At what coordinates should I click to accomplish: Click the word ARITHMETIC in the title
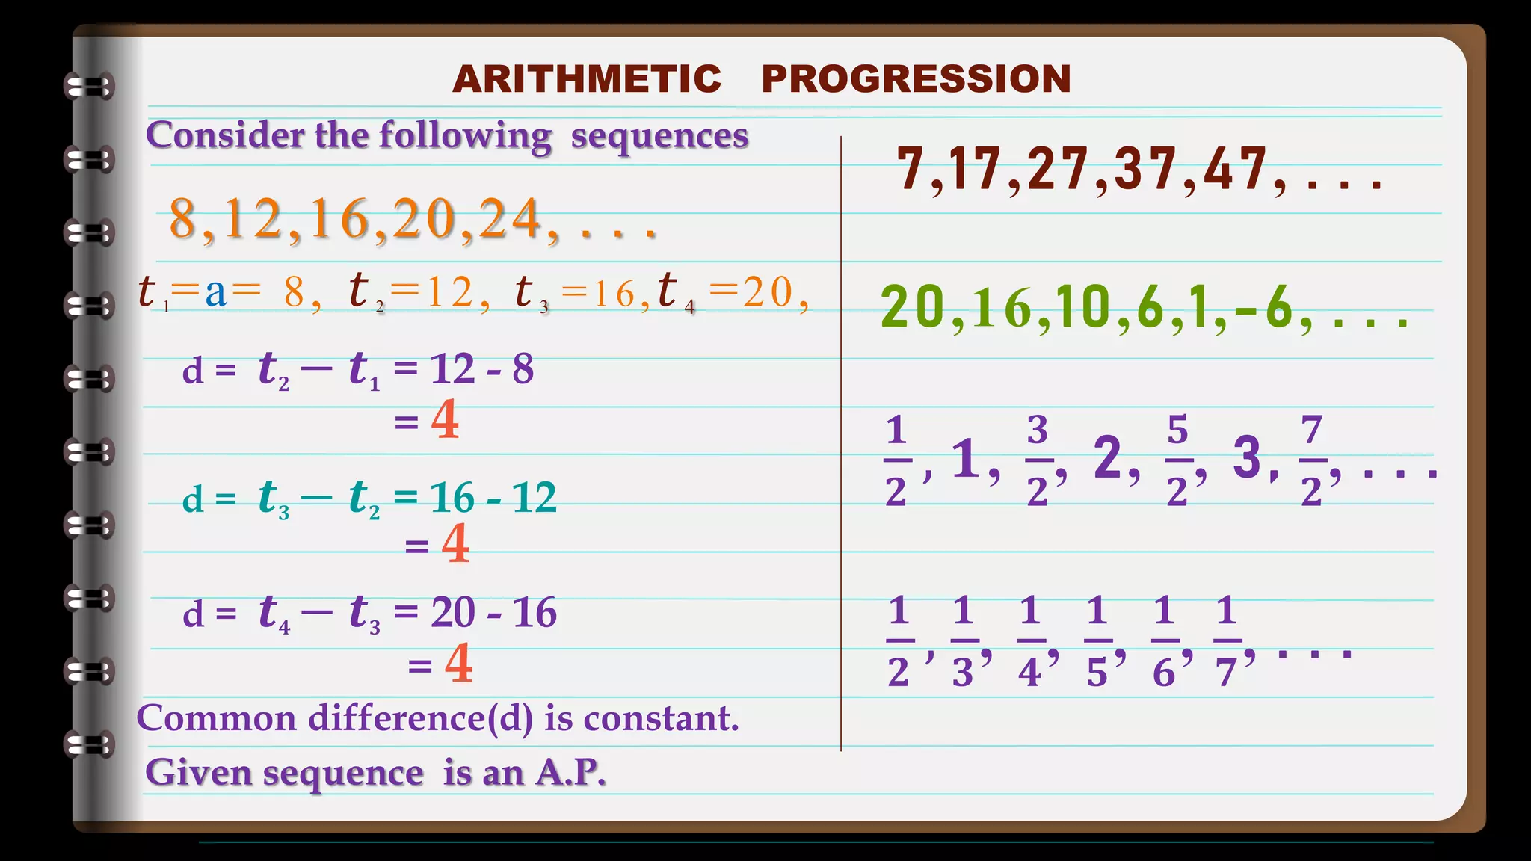point(587,79)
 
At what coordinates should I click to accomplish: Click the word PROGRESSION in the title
point(916,79)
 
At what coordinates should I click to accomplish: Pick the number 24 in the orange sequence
point(510,219)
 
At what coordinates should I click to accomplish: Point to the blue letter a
point(215,292)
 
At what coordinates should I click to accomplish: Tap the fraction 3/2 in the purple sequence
point(1037,460)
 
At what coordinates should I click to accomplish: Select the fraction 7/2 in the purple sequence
point(1312,460)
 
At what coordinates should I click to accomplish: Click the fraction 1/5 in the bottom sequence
point(1097,641)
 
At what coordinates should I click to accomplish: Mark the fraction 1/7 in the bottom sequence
point(1226,641)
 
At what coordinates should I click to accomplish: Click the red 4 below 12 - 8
point(445,420)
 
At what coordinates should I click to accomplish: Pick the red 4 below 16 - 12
point(455,544)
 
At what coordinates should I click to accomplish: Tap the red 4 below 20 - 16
point(458,663)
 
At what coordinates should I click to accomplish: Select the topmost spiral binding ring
point(89,87)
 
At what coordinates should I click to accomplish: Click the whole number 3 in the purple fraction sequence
point(1247,457)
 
